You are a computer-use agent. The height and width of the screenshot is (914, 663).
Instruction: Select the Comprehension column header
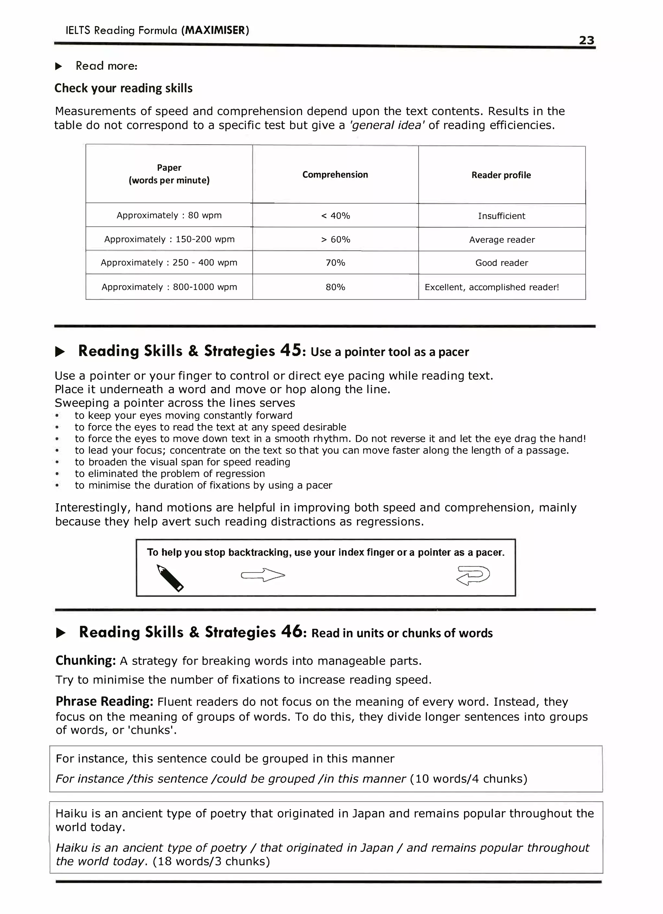coord(335,175)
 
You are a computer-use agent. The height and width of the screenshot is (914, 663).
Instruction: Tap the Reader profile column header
coord(501,175)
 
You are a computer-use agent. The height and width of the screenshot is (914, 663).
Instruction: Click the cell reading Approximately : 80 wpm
coord(169,215)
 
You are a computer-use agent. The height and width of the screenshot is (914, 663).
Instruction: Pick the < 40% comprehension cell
coord(335,216)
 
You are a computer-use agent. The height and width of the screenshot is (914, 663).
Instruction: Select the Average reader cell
coord(502,240)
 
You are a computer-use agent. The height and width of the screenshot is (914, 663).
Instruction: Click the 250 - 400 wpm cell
coord(169,263)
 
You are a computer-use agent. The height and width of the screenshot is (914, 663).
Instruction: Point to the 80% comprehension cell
coord(335,287)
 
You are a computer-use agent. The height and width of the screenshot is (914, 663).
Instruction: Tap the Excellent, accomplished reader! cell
coord(492,287)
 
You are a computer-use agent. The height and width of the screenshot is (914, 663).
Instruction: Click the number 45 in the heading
coord(290,350)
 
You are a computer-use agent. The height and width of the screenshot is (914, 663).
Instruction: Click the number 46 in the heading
coord(291,632)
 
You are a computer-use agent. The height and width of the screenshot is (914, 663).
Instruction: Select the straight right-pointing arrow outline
coord(263,575)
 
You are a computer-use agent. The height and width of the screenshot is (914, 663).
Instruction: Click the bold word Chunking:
coord(86,660)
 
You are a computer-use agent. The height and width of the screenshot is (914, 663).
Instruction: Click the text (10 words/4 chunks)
coord(468,778)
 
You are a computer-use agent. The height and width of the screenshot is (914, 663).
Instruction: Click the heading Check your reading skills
coord(123,88)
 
